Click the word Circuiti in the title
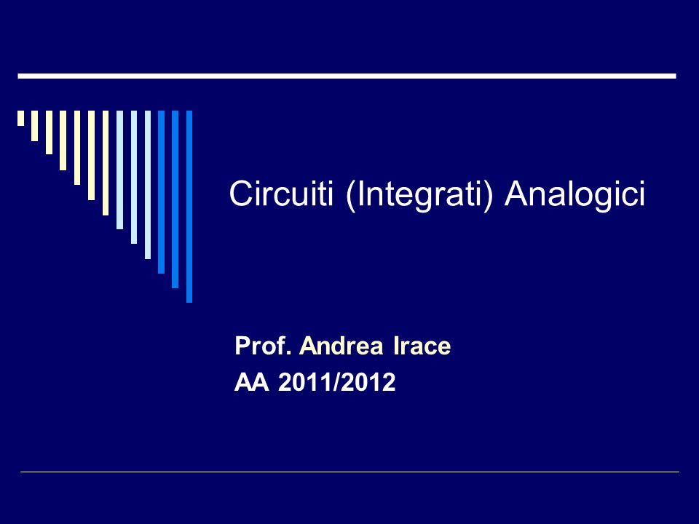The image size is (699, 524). click(x=281, y=194)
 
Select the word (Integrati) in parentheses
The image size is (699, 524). click(x=419, y=195)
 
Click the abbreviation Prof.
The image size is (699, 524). click(x=263, y=346)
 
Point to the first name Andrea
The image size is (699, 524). click(x=341, y=346)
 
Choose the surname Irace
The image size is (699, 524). click(x=422, y=346)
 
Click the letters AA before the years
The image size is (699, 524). click(x=252, y=382)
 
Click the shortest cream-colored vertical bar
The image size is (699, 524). click(x=20, y=118)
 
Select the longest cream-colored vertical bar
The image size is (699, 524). click(x=106, y=163)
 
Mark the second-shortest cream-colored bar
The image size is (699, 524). click(x=34, y=126)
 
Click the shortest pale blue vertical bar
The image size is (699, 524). click(x=119, y=170)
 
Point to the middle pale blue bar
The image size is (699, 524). click(x=134, y=177)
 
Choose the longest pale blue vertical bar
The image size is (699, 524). click(x=148, y=184)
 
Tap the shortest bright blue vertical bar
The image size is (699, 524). click(x=162, y=192)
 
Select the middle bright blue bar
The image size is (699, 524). click(x=175, y=199)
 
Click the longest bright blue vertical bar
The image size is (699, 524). click(x=189, y=206)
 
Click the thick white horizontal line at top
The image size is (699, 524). click(x=347, y=76)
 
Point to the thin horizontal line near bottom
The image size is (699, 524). click(x=349, y=472)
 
